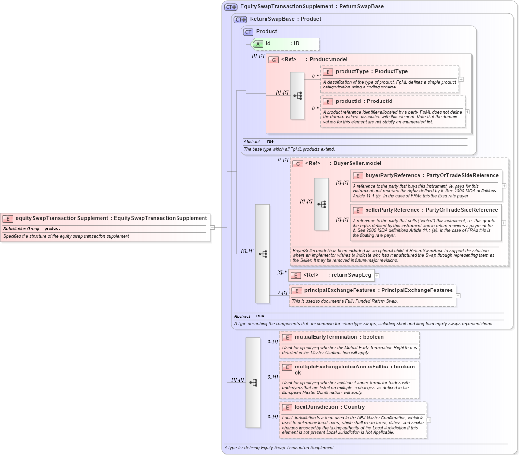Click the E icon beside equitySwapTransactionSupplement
pyautogui.click(x=8, y=218)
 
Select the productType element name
pyautogui.click(x=352, y=72)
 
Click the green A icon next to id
pyautogui.click(x=258, y=44)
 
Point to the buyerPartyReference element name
pyautogui.click(x=392, y=176)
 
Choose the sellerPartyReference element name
pyautogui.click(x=392, y=210)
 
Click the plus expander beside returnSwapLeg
pyautogui.click(x=377, y=276)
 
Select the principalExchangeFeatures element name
pyautogui.click(x=340, y=291)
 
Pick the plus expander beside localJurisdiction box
pyautogui.click(x=429, y=420)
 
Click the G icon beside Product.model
pyautogui.click(x=274, y=60)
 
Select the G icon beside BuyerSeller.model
pyautogui.click(x=298, y=164)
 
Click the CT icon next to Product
pyautogui.click(x=248, y=32)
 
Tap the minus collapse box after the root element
pyautogui.click(x=212, y=227)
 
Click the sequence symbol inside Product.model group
pyautogui.click(x=297, y=95)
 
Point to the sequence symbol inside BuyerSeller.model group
pyautogui.click(x=321, y=204)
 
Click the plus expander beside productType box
pyautogui.click(x=461, y=79)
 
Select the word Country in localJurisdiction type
pyautogui.click(x=354, y=407)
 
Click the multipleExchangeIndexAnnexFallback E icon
pyautogui.click(x=287, y=367)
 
